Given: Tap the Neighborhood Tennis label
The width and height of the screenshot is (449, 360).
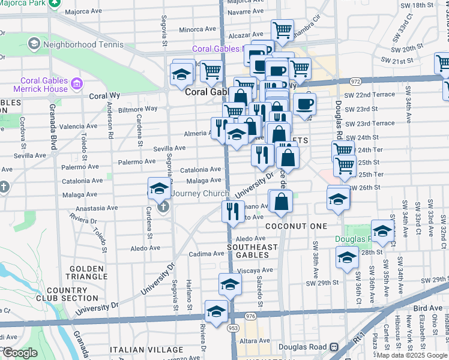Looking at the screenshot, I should (x=83, y=44).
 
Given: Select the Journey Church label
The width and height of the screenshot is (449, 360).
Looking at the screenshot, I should (x=199, y=193).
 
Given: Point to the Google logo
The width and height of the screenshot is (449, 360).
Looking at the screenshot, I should (x=19, y=353).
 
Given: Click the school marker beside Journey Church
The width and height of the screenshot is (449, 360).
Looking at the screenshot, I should (x=158, y=188).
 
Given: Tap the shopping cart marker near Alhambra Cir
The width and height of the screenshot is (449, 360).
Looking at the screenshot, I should (x=282, y=29).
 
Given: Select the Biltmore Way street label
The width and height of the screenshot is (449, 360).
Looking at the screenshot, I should (x=137, y=109).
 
